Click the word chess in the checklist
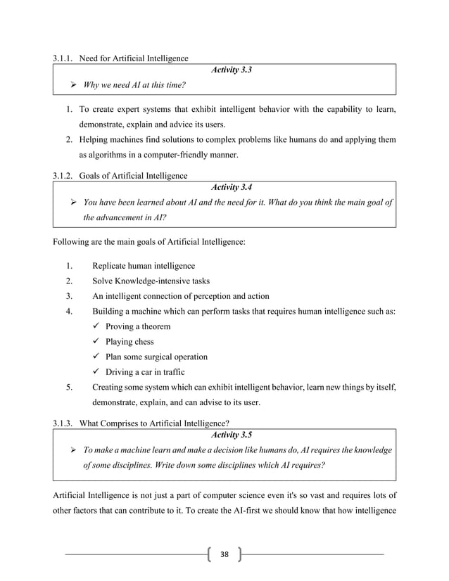(142, 342)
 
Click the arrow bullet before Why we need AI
(73, 86)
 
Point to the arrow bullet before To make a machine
(73, 450)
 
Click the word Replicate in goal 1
(113, 266)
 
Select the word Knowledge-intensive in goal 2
(155, 281)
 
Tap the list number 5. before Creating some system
(70, 388)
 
